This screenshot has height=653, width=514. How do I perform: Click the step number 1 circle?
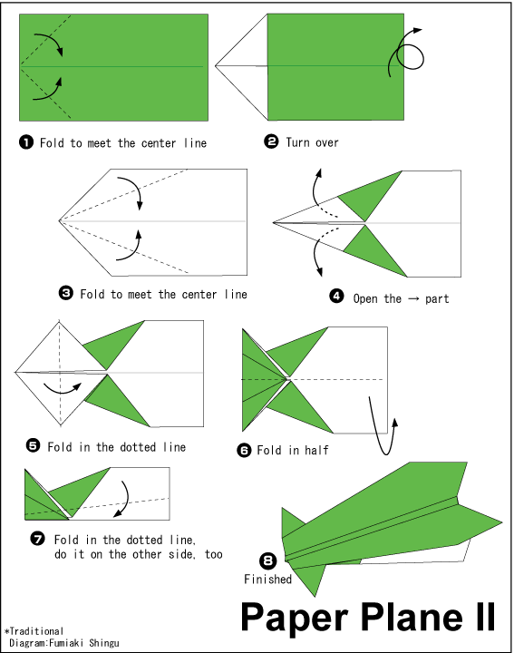26,142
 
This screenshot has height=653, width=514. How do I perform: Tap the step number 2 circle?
271,141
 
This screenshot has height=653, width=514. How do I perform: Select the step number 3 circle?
66,293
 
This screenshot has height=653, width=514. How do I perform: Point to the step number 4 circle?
336,296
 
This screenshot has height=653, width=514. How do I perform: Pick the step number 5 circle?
33,445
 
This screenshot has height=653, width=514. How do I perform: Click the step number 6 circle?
244,450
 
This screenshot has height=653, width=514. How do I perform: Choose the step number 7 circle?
37,539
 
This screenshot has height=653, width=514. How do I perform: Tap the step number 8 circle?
267,561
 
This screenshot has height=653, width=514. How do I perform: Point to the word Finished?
267,580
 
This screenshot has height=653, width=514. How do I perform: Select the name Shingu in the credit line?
104,643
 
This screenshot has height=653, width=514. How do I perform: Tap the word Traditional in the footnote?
36,631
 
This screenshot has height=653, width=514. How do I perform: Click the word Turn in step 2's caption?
297,142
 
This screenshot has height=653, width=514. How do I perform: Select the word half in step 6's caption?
316,450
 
